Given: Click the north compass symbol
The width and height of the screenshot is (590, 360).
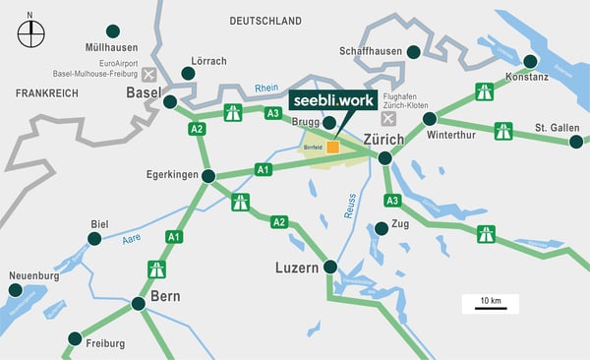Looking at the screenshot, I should point(30,33).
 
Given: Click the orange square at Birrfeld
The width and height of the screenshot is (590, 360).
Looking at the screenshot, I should point(333,147).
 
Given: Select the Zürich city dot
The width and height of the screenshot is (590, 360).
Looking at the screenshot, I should point(385,157).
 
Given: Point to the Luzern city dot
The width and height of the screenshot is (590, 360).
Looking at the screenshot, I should point(329,267).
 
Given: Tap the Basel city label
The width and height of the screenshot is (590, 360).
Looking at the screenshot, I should point(144,92).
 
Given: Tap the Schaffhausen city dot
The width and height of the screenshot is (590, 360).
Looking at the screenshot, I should point(414,51).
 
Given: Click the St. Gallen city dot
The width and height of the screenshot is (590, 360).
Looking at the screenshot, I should point(576,142).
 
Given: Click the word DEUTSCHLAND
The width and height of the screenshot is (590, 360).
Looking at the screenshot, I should point(265,20).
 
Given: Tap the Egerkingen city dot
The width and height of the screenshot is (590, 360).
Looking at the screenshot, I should point(208,176).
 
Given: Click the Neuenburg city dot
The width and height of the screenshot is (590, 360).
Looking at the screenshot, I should point(15,290).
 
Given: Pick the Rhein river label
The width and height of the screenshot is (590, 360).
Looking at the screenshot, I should point(266,88).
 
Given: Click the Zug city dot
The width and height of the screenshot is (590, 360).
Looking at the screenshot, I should point(382,228).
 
